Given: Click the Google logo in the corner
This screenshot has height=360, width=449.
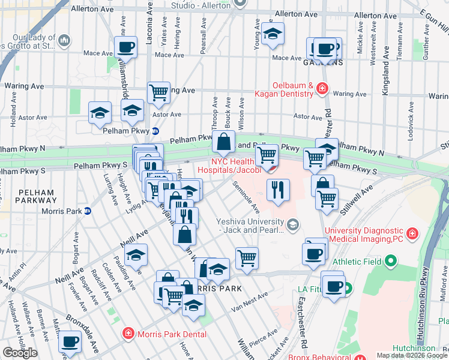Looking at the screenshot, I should coord(20,353).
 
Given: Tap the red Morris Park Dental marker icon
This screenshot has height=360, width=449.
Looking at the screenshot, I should coord(128,333).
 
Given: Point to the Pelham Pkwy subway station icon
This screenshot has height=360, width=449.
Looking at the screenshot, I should coord(155,130).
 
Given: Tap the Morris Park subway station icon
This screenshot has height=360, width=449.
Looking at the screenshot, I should coord(87,211).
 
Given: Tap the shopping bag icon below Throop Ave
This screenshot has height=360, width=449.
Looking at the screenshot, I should coord(223,143).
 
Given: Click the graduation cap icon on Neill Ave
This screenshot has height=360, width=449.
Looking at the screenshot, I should coord(137,256).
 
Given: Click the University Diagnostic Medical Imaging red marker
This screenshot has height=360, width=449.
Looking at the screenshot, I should coord(412,232).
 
